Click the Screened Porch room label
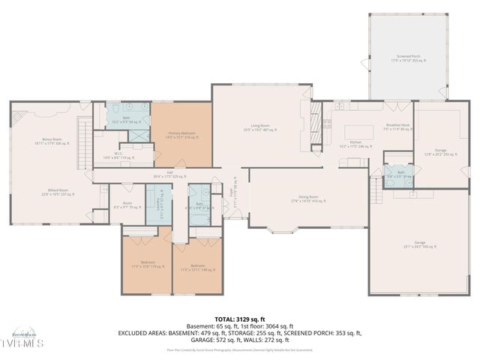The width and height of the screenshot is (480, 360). tap(409, 58)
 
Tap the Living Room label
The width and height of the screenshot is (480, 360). tap(259, 127)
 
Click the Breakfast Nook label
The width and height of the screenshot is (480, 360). tap(397, 127)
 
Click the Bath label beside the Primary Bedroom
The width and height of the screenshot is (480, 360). tap(127, 118)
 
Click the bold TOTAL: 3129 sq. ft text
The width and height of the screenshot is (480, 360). tap(239, 319)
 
